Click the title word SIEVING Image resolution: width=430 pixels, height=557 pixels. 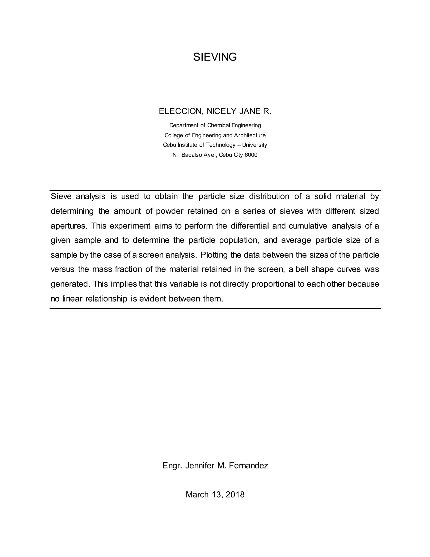pos(215,57)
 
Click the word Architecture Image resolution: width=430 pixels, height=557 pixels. pos(250,135)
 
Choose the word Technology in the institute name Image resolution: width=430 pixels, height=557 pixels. pos(221,145)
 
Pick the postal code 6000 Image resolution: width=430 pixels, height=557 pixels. pos(251,155)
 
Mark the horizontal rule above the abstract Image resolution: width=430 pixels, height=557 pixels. pos(215,190)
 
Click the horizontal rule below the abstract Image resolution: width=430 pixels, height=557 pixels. pos(215,309)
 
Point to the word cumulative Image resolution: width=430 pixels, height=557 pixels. pos(308,226)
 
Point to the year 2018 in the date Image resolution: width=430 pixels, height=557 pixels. pos(235,495)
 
